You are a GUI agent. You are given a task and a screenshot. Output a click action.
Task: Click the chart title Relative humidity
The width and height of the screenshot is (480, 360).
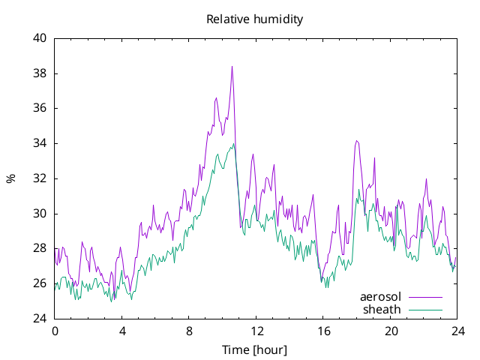pyautogui.click(x=255, y=19)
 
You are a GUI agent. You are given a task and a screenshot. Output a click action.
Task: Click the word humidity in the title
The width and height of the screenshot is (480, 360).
pyautogui.click(x=278, y=19)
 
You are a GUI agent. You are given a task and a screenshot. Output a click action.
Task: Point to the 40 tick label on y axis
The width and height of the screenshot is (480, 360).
pyautogui.click(x=40, y=38)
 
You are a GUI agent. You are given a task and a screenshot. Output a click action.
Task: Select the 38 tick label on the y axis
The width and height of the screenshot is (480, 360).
pyautogui.click(x=40, y=73)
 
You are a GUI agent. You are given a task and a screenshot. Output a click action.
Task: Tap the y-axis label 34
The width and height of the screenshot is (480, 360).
pyautogui.click(x=40, y=143)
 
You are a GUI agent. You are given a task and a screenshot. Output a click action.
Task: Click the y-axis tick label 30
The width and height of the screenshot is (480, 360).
pyautogui.click(x=40, y=213)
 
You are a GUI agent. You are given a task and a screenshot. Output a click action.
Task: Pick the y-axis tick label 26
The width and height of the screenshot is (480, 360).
pyautogui.click(x=40, y=283)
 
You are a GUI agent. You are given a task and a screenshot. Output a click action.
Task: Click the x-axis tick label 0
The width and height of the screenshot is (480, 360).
pyautogui.click(x=55, y=331)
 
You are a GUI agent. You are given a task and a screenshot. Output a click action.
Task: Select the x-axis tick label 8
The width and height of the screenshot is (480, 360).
pyautogui.click(x=189, y=331)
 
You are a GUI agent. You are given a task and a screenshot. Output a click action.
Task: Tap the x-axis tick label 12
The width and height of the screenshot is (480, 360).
pyautogui.click(x=256, y=331)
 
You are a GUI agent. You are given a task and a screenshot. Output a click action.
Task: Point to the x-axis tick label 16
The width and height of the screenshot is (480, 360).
pyautogui.click(x=323, y=331)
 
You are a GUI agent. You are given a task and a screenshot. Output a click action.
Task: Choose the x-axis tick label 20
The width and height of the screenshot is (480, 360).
pyautogui.click(x=391, y=331)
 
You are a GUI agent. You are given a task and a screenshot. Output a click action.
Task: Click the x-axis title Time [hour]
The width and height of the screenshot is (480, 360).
pyautogui.click(x=254, y=349)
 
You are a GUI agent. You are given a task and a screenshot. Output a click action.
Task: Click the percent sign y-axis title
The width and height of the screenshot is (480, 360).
pyautogui.click(x=10, y=178)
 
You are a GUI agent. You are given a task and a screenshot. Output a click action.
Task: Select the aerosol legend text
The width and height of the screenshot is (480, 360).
pyautogui.click(x=380, y=297)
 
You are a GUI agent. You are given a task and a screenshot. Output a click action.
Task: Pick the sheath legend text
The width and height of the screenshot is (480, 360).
pyautogui.click(x=382, y=310)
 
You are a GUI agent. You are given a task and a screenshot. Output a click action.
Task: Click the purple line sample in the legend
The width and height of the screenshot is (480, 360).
pyautogui.click(x=425, y=297)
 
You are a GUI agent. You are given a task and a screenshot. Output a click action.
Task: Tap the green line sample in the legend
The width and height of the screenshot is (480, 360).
pyautogui.click(x=425, y=310)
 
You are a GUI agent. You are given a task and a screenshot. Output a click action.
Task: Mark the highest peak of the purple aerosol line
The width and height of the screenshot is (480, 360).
pyautogui.click(x=232, y=66)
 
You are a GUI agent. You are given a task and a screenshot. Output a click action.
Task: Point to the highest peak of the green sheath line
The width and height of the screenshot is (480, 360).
pyautogui.click(x=233, y=143)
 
